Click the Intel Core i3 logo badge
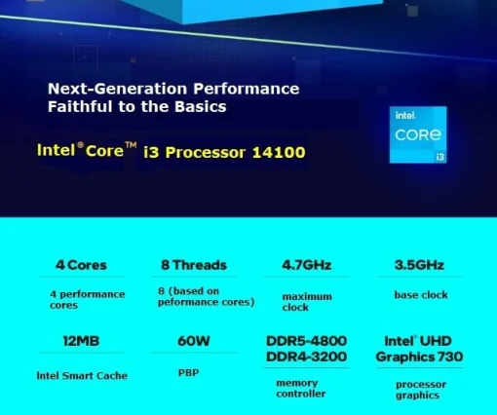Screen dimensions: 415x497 pos(419,134)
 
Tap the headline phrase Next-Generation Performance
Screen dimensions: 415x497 pos(173,89)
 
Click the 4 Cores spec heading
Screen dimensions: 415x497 pos(82,265)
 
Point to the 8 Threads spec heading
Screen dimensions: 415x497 pos(193,265)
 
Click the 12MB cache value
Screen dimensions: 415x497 pos(81,342)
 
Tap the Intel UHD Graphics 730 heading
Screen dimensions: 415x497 pos(420,349)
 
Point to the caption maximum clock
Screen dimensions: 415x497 pos(307,302)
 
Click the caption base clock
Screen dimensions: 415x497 pos(421,294)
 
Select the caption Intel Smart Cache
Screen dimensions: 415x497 pos(82,374)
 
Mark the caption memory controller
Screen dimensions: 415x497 pos(302,388)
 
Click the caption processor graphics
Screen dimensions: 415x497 pos(421,389)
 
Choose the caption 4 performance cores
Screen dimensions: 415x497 pos(88,299)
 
